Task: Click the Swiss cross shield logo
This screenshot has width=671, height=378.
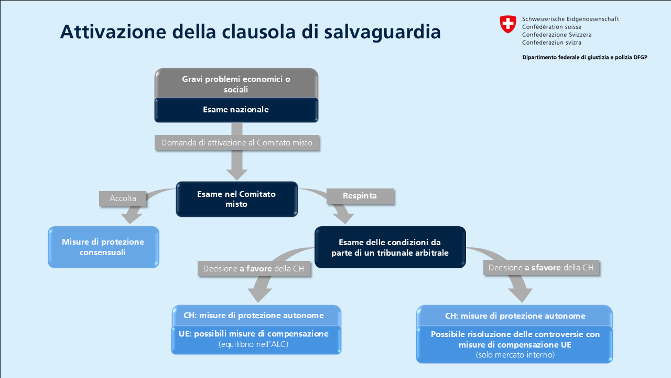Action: [x=507, y=24]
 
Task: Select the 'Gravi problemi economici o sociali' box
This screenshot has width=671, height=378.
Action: [x=236, y=84]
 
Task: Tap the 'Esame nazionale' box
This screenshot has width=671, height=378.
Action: [x=236, y=110]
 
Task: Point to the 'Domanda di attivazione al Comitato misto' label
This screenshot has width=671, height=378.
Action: [x=237, y=142]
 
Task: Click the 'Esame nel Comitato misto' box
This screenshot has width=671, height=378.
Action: [x=236, y=199]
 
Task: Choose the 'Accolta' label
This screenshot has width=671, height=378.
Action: [x=123, y=198]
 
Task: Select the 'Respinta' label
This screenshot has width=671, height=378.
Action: [x=360, y=196]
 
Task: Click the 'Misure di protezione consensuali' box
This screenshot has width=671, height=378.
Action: [x=103, y=247]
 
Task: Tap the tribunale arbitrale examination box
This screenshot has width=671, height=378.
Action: [x=390, y=247]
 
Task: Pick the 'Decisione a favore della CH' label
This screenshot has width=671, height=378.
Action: [x=254, y=269]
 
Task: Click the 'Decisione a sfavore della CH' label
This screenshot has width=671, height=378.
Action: [x=540, y=268]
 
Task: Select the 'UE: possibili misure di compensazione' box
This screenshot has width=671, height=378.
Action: [x=256, y=334]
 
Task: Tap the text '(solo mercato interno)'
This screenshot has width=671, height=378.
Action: [x=515, y=355]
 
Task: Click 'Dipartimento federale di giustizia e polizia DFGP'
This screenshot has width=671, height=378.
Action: [x=585, y=57]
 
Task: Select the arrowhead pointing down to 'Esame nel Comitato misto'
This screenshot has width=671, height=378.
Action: [x=237, y=174]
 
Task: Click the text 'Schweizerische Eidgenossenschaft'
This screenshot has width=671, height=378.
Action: [x=570, y=19]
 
